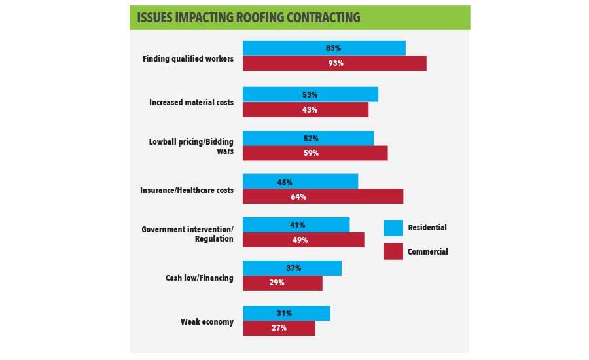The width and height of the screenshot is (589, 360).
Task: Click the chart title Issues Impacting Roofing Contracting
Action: point(249,18)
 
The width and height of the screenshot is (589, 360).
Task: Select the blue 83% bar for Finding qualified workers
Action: point(324,48)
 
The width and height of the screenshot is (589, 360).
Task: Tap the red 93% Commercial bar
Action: point(334,63)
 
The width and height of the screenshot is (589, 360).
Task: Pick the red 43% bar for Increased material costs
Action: point(306,109)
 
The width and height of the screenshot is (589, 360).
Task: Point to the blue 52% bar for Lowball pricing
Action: point(308,138)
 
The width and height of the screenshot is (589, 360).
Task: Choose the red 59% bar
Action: point(315,153)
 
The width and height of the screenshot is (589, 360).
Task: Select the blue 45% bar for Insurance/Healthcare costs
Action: point(300,181)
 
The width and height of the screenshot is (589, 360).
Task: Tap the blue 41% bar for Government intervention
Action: point(296,225)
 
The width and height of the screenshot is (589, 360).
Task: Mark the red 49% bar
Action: point(304,240)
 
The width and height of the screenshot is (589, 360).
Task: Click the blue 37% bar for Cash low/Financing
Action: point(292,268)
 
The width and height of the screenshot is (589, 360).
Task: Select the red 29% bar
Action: point(283,283)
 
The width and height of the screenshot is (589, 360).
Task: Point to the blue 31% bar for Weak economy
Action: point(287,314)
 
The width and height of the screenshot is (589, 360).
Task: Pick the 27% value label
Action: point(279,328)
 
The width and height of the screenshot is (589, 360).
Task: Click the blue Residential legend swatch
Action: point(393,228)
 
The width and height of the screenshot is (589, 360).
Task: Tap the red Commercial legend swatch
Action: point(393,251)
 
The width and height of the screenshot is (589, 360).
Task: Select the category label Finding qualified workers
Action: point(188,58)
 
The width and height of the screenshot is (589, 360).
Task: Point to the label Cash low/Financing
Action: point(199,278)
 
